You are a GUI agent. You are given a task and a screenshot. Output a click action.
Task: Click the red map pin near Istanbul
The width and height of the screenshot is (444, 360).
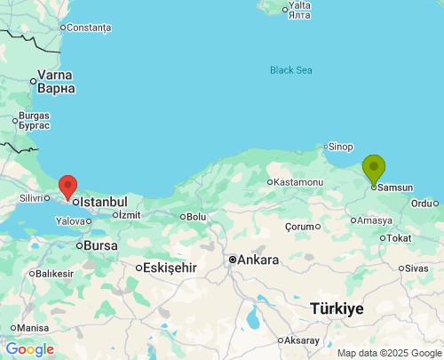click(67, 186)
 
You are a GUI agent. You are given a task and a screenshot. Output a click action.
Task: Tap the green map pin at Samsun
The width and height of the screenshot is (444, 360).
click(374, 167)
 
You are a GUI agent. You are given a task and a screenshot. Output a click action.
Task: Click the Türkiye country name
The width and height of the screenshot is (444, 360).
click(337, 308)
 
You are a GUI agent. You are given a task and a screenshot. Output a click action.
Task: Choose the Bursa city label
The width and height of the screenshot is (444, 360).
click(99, 244)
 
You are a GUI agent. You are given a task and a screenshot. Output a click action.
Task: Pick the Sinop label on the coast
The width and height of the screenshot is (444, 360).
click(340, 147)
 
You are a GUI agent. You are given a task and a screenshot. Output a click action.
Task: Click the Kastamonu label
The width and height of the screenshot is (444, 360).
click(299, 182)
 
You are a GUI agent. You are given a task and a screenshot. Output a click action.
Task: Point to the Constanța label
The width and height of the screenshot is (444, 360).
click(89, 28)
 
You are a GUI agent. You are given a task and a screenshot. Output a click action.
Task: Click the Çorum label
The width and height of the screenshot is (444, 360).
click(300, 226)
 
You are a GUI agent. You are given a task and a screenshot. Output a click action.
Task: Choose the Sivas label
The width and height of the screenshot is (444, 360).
click(416, 268)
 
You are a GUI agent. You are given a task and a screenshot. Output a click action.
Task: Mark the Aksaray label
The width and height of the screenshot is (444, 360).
click(303, 340)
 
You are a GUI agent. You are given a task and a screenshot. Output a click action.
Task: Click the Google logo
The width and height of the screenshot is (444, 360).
click(29, 349)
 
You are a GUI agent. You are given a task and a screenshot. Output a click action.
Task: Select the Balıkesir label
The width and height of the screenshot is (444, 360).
click(54, 273)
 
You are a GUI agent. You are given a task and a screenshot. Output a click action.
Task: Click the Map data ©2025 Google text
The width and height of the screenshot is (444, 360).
click(388, 353)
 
